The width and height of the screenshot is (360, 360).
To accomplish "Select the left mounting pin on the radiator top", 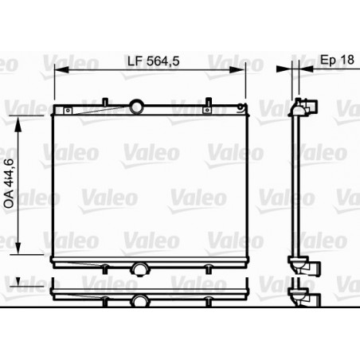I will tap(105, 103).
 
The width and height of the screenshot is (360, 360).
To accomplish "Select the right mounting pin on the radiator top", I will tap(209, 103).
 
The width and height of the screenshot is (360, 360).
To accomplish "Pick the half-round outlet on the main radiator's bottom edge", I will tap(140, 268).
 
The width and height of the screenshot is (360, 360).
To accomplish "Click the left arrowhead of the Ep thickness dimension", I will tap(291, 70).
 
